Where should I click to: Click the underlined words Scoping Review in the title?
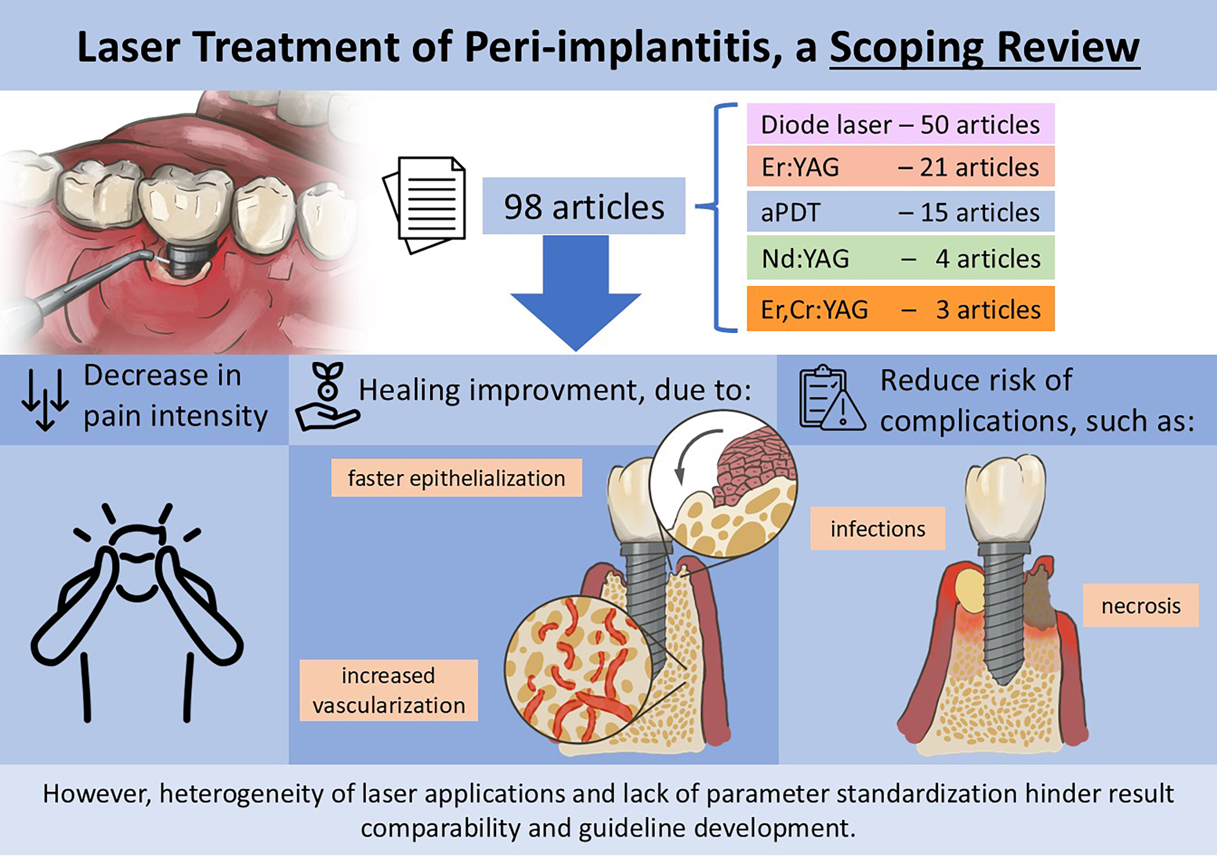(984, 48)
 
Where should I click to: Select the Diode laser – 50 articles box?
(900, 124)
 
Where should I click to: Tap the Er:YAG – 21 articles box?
(900, 167)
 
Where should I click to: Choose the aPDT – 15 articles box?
(900, 212)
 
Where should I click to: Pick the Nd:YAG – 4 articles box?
(900, 258)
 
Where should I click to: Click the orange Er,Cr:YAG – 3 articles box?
(900, 309)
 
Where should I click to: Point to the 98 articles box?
(583, 206)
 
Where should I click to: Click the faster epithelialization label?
(456, 478)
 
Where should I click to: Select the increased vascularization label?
(388, 690)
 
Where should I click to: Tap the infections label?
(877, 528)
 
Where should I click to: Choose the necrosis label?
(1140, 605)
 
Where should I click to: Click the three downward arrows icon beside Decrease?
(45, 398)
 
